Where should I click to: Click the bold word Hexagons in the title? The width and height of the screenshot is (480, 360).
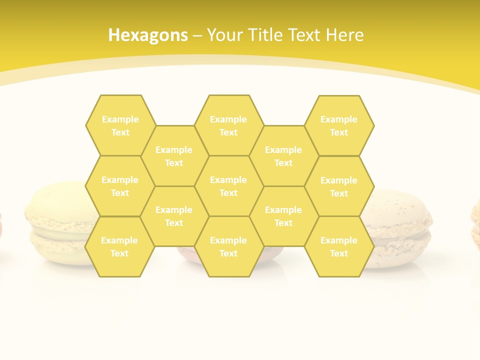tap(148, 35)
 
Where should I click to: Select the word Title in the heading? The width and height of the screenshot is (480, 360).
tap(270, 35)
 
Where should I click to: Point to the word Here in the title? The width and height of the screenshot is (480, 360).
tap(345, 35)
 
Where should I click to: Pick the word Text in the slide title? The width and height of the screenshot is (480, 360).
tap(306, 35)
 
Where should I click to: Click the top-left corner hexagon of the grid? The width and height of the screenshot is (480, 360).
tap(120, 125)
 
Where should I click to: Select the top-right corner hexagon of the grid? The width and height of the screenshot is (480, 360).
tap(339, 125)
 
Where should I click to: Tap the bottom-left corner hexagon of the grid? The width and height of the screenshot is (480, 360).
tap(119, 246)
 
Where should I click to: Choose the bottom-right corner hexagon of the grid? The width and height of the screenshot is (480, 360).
tap(339, 246)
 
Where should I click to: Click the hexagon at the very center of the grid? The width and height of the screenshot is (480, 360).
tap(228, 186)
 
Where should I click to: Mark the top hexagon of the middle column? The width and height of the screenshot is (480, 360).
tap(228, 125)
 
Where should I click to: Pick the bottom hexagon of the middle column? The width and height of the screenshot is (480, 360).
tap(228, 246)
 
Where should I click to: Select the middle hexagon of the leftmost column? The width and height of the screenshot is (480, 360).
tap(120, 186)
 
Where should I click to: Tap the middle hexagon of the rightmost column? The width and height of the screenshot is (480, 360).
tap(339, 186)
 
